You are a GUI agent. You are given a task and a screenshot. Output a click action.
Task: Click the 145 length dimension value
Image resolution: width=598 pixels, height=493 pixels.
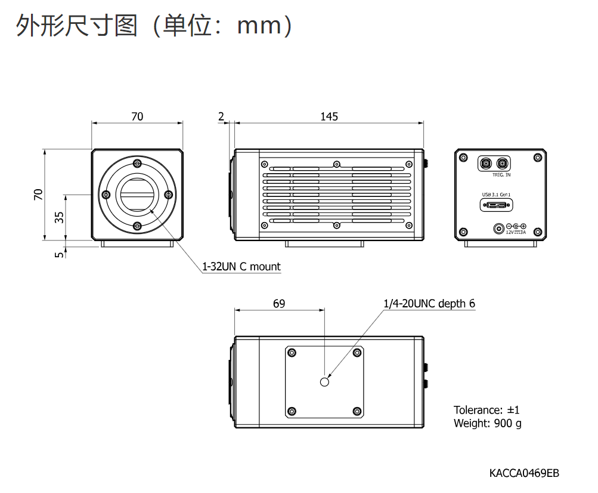pos(329,116)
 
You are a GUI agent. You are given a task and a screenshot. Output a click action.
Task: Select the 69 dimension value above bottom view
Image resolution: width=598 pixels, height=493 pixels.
pos(279,303)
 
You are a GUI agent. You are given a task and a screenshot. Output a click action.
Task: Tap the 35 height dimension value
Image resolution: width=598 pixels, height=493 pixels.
pos(59,217)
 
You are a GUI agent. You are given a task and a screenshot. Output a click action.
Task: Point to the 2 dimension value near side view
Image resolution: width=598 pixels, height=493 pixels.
pos(221,116)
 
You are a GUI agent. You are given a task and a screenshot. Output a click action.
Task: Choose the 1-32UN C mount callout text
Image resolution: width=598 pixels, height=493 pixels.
pos(241,267)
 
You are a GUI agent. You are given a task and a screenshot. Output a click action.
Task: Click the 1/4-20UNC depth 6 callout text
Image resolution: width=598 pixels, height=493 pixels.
pos(429,303)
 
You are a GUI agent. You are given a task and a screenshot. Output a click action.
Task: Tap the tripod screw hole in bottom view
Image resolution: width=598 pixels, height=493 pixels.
pos(324,381)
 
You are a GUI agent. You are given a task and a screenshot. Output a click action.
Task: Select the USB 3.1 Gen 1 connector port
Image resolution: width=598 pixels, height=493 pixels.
pos(495,205)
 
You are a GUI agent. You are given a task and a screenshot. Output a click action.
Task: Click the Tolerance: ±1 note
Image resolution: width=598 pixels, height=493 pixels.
pos(487,410)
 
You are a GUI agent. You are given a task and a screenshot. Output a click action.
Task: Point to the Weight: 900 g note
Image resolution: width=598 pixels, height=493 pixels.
pos(487,423)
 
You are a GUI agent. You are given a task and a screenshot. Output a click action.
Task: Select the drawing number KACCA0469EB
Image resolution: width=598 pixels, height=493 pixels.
pos(524,473)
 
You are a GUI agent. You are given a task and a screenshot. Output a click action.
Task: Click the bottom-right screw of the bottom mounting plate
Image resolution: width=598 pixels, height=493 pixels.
pos(357,411)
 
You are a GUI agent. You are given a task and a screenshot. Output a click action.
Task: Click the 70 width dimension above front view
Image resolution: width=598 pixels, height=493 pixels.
pos(137,116)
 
